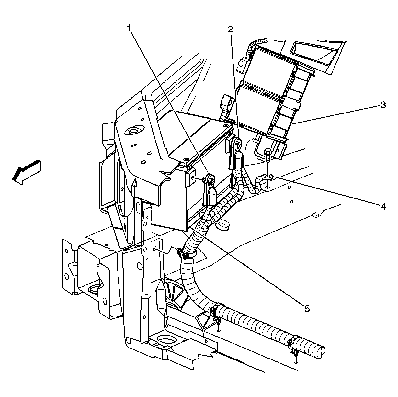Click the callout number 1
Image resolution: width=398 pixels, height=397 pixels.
(129, 28)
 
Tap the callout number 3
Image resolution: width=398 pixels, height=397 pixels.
(383, 105)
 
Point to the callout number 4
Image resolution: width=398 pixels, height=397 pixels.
(383, 206)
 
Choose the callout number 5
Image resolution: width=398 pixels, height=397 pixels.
(307, 308)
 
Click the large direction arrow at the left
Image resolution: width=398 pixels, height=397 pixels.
(27, 172)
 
